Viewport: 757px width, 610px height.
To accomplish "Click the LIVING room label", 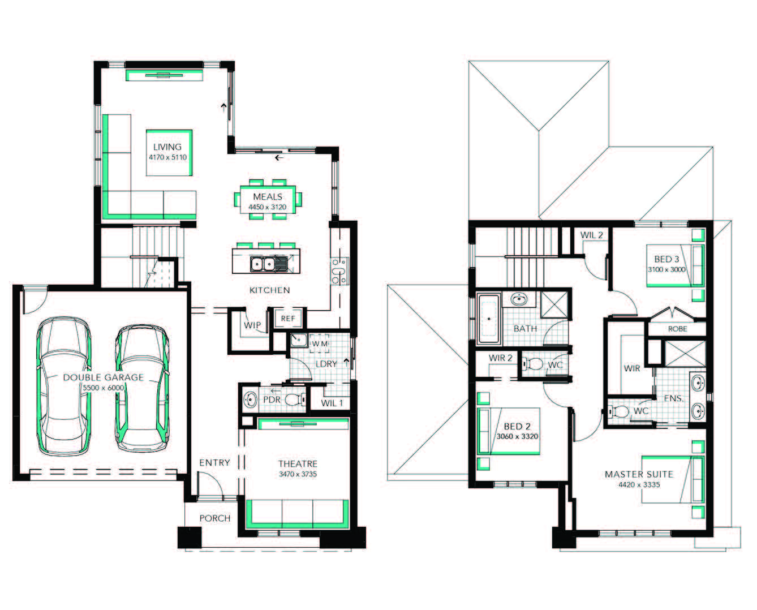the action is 167,147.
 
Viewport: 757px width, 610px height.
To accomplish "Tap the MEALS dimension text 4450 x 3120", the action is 268,207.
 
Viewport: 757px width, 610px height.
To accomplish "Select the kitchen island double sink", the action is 263,264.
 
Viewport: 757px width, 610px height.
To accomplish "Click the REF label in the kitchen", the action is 288,319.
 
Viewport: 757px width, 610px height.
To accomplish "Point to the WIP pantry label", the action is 252,325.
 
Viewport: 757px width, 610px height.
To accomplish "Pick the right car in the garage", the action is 142,388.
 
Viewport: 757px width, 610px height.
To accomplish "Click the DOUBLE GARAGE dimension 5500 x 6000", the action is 104,388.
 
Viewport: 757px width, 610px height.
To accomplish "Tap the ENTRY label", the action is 214,463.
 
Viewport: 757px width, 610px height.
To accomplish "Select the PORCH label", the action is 215,518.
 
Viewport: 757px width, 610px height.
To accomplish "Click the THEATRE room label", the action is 298,464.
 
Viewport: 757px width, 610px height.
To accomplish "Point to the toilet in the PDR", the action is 295,399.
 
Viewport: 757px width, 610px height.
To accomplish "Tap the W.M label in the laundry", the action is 320,343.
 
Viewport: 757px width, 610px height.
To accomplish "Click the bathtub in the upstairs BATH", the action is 489,319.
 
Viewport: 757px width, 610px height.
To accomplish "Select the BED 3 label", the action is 666,259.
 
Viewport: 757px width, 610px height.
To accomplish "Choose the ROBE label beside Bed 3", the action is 677,329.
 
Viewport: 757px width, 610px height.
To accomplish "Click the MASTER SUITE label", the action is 639,474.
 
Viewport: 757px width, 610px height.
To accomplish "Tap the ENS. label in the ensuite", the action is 674,398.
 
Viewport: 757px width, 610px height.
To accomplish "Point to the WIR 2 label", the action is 501,358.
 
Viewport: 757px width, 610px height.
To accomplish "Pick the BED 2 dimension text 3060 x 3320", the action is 518,437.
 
